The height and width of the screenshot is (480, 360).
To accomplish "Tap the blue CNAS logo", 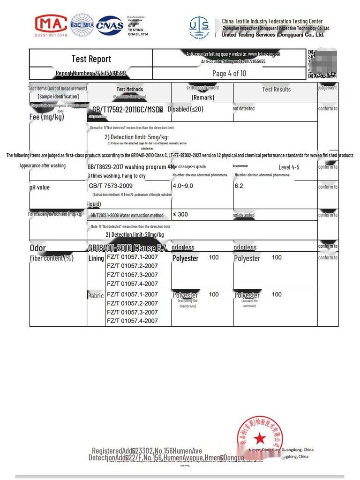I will [x=110, y=25].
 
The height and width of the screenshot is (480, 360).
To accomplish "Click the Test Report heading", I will [x=91, y=59].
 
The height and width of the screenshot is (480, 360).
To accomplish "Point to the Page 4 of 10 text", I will [x=229, y=73].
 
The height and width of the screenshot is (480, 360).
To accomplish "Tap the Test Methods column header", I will [x=130, y=89].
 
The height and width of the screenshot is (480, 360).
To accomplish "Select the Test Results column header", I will [x=276, y=89].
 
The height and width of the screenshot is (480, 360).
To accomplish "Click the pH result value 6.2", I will [x=239, y=186].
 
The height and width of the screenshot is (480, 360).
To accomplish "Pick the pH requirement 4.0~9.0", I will [x=183, y=186].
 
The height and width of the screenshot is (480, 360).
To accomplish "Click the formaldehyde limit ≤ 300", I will [x=180, y=214].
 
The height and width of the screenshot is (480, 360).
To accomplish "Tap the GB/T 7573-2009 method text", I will [x=111, y=186].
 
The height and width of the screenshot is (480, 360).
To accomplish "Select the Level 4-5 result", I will [x=289, y=167].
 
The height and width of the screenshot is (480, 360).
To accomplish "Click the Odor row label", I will [x=38, y=247].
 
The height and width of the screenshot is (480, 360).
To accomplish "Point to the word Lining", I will [x=96, y=258].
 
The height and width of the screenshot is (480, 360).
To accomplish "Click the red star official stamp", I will [x=259, y=438].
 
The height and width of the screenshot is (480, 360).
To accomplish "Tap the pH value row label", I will [x=40, y=187].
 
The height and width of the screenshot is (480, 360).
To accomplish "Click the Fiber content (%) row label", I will [x=52, y=258].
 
